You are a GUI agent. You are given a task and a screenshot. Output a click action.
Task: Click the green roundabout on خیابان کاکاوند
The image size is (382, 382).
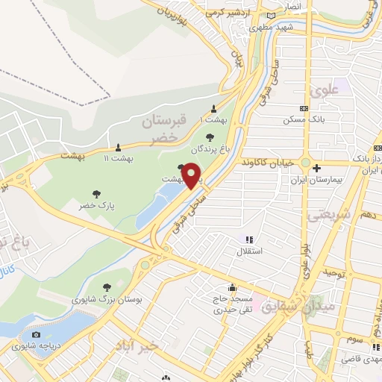(x=306, y=162)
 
